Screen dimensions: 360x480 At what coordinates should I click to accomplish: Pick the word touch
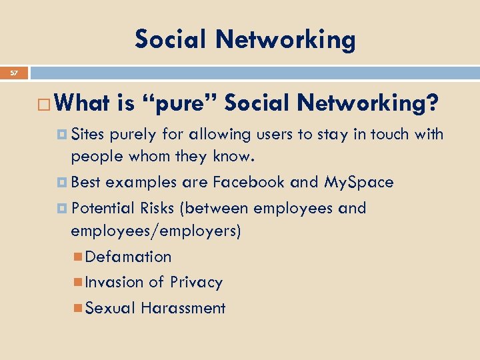[x=387, y=135]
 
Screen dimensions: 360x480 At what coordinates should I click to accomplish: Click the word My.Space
[x=359, y=182]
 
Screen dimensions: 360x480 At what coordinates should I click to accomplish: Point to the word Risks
[x=157, y=208]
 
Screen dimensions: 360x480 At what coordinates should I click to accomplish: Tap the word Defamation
[x=129, y=257]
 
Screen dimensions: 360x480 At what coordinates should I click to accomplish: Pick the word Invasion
[x=115, y=282]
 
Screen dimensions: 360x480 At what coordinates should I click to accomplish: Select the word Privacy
[x=196, y=283]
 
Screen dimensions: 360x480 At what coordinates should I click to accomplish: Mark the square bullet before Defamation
[x=79, y=257]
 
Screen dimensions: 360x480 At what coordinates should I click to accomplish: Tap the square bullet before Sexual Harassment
[x=79, y=308]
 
